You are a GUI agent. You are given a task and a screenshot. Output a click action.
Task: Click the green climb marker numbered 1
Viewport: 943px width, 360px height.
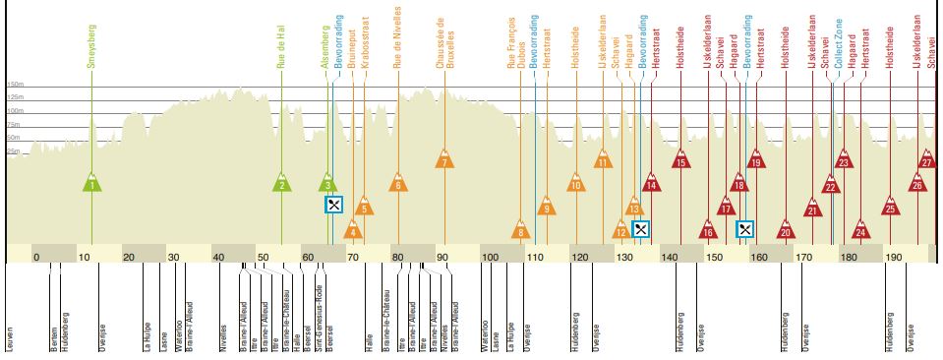pos(91,183)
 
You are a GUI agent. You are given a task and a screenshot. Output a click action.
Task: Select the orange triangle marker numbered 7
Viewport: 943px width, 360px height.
pos(445,161)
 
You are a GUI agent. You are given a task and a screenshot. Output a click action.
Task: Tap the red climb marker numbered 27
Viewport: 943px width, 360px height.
pos(927,160)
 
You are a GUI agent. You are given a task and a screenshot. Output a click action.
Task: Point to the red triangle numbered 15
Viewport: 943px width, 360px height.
pos(680,161)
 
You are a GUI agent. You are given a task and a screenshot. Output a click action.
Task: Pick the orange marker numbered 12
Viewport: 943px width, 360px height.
pos(621,232)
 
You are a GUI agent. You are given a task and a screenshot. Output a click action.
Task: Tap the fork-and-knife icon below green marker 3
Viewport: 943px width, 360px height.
pos(334,205)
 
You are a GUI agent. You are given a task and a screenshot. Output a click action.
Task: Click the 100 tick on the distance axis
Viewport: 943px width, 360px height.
pos(489,257)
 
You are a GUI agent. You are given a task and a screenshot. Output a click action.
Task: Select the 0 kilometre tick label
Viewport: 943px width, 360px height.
pos(36,257)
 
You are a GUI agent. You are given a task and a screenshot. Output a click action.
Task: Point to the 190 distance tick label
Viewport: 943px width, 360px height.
pos(893,257)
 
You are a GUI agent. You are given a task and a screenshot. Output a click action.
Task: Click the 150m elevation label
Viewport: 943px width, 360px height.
pos(15,86)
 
